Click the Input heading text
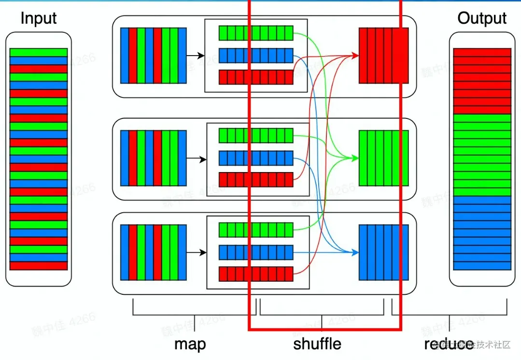click(39, 19)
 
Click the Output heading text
click(482, 19)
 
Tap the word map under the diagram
click(190, 344)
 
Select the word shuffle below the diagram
click(317, 344)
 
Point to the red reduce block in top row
click(383, 55)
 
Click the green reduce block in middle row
click(383, 158)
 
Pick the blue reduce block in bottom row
click(383, 252)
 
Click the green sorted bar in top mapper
click(256, 33)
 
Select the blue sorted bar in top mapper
click(256, 56)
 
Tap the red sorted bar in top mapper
click(256, 77)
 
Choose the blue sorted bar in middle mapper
click(256, 158)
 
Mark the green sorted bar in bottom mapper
click(256, 230)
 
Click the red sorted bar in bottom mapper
click(256, 274)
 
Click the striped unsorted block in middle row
click(153, 158)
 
